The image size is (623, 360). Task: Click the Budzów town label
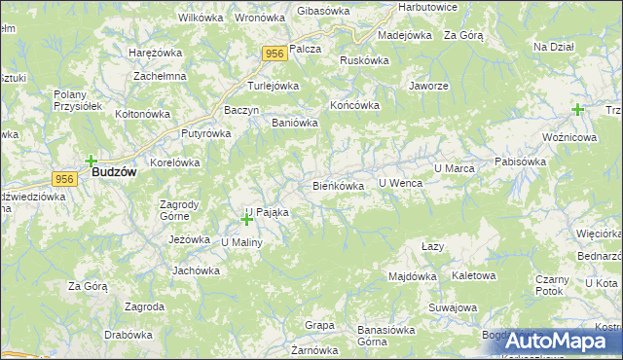click(113, 171)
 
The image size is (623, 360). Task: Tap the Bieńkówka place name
click(338, 185)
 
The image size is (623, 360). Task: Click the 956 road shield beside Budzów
click(65, 179)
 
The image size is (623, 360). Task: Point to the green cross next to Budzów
click(91, 162)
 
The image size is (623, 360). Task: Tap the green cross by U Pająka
click(246, 220)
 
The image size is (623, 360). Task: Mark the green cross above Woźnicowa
click(578, 110)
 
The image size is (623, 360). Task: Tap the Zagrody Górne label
click(180, 210)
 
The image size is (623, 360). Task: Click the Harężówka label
click(157, 52)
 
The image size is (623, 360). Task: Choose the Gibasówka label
click(322, 10)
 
